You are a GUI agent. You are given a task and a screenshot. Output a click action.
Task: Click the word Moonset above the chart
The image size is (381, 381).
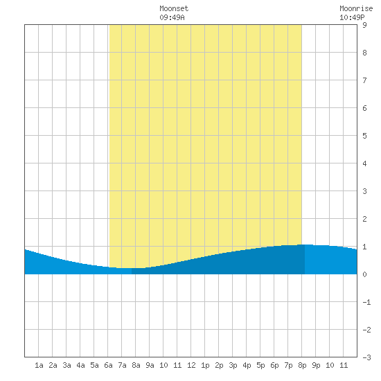174,8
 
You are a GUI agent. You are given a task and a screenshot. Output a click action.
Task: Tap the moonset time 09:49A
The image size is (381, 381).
172,17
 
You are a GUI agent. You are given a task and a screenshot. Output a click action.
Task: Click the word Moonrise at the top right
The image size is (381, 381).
356,8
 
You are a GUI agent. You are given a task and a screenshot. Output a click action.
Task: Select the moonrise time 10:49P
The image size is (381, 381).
352,17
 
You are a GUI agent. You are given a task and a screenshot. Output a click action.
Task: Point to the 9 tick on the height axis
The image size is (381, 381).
364,25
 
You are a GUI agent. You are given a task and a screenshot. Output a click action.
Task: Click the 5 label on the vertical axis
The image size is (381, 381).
364,136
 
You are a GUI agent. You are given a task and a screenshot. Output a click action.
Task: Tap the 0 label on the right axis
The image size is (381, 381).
364,274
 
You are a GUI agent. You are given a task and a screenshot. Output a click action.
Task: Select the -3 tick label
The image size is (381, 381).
366,357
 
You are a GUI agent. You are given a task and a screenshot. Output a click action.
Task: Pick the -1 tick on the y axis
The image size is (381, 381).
366,302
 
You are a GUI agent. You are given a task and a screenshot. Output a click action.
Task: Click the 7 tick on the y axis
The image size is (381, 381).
364,80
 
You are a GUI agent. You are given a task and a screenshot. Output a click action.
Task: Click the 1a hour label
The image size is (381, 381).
39,365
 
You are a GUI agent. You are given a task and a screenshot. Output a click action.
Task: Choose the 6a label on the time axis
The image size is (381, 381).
108,365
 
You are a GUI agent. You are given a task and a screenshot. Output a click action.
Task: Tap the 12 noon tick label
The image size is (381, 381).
191,365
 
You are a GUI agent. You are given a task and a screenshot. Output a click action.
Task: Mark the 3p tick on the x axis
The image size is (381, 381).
233,365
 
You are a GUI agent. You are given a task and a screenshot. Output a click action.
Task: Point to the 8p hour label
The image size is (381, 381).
302,365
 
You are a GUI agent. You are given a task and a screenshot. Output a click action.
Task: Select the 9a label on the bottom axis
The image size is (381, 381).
150,365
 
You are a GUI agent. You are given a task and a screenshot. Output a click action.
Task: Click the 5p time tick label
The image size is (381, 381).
260,365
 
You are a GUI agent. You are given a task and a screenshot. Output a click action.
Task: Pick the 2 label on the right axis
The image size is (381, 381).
364,219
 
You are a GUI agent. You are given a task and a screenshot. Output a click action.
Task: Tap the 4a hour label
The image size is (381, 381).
80,365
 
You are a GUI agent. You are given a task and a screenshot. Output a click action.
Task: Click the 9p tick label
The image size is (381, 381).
316,365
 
